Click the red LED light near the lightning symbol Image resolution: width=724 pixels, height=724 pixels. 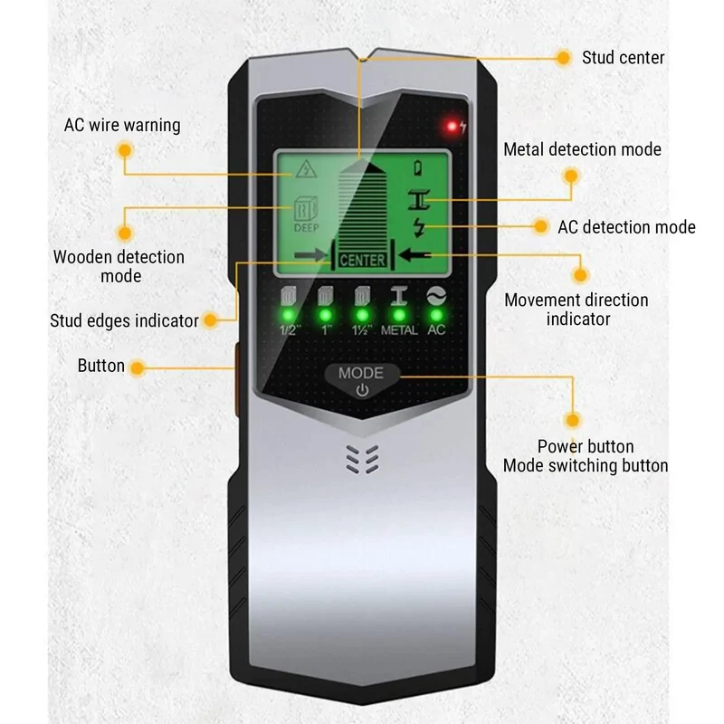pyautogui.click(x=452, y=126)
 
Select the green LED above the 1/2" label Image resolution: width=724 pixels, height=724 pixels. pyautogui.click(x=288, y=315)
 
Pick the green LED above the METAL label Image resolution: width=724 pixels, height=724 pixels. pyautogui.click(x=399, y=315)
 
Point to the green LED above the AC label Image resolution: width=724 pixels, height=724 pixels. pyautogui.click(x=436, y=315)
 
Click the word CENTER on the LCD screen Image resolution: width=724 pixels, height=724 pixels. pyautogui.click(x=362, y=261)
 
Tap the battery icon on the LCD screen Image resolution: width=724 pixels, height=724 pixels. pyautogui.click(x=418, y=167)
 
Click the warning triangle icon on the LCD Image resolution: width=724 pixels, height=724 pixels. pyautogui.click(x=306, y=169)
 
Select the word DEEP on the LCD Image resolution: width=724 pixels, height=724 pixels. pyautogui.click(x=306, y=228)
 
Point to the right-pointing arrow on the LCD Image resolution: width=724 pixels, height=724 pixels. pyautogui.click(x=310, y=255)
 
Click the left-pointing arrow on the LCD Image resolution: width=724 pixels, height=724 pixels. pyautogui.click(x=414, y=255)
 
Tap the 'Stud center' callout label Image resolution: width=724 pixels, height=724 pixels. pyautogui.click(x=623, y=58)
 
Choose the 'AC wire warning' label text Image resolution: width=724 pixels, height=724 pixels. pyautogui.click(x=122, y=125)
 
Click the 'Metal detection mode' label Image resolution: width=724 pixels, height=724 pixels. pyautogui.click(x=582, y=149)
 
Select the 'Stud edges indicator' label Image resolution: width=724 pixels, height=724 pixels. pyautogui.click(x=124, y=320)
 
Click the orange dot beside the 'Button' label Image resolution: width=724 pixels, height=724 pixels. pyautogui.click(x=137, y=368)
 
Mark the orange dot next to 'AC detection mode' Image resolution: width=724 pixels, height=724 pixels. pyautogui.click(x=539, y=226)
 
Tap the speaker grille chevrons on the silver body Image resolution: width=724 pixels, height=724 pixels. pyautogui.click(x=363, y=460)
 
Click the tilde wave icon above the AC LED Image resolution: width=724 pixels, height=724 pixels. pyautogui.click(x=436, y=296)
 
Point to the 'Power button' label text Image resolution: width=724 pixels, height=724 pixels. pyautogui.click(x=586, y=446)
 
